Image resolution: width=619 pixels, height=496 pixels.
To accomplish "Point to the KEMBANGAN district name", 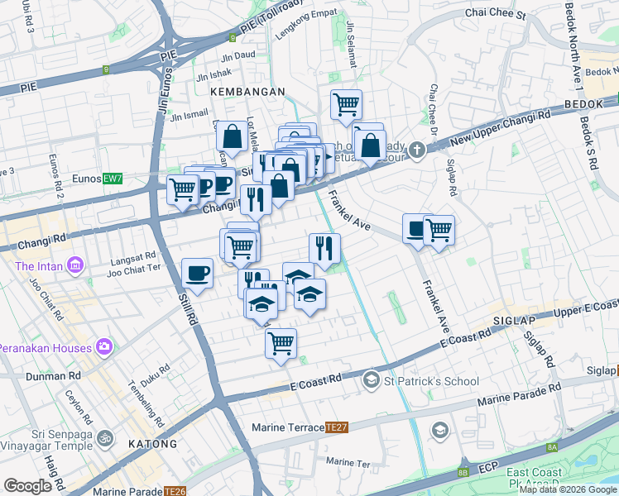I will pyautogui.click(x=247, y=92).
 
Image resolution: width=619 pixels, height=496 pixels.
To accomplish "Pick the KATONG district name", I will pyautogui.click(x=152, y=444).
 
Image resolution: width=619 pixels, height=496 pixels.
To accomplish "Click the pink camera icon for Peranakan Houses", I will pyautogui.click(x=105, y=346).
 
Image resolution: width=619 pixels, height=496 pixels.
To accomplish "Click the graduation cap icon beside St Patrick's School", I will pyautogui.click(x=372, y=380).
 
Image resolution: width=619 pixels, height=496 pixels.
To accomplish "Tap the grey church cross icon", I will pyautogui.click(x=417, y=150).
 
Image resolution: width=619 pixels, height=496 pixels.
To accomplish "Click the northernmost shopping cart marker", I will pyautogui.click(x=346, y=104).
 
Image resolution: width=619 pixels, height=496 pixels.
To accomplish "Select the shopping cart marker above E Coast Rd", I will pyautogui.click(x=281, y=341).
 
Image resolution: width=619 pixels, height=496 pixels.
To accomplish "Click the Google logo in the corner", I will pyautogui.click(x=28, y=486).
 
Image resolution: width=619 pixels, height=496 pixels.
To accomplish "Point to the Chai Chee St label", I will pyautogui.click(x=496, y=14).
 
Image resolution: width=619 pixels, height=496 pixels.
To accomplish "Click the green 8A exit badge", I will pyautogui.click(x=551, y=447).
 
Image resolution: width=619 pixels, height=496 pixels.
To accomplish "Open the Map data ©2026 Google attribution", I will pyautogui.click(x=568, y=489).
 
